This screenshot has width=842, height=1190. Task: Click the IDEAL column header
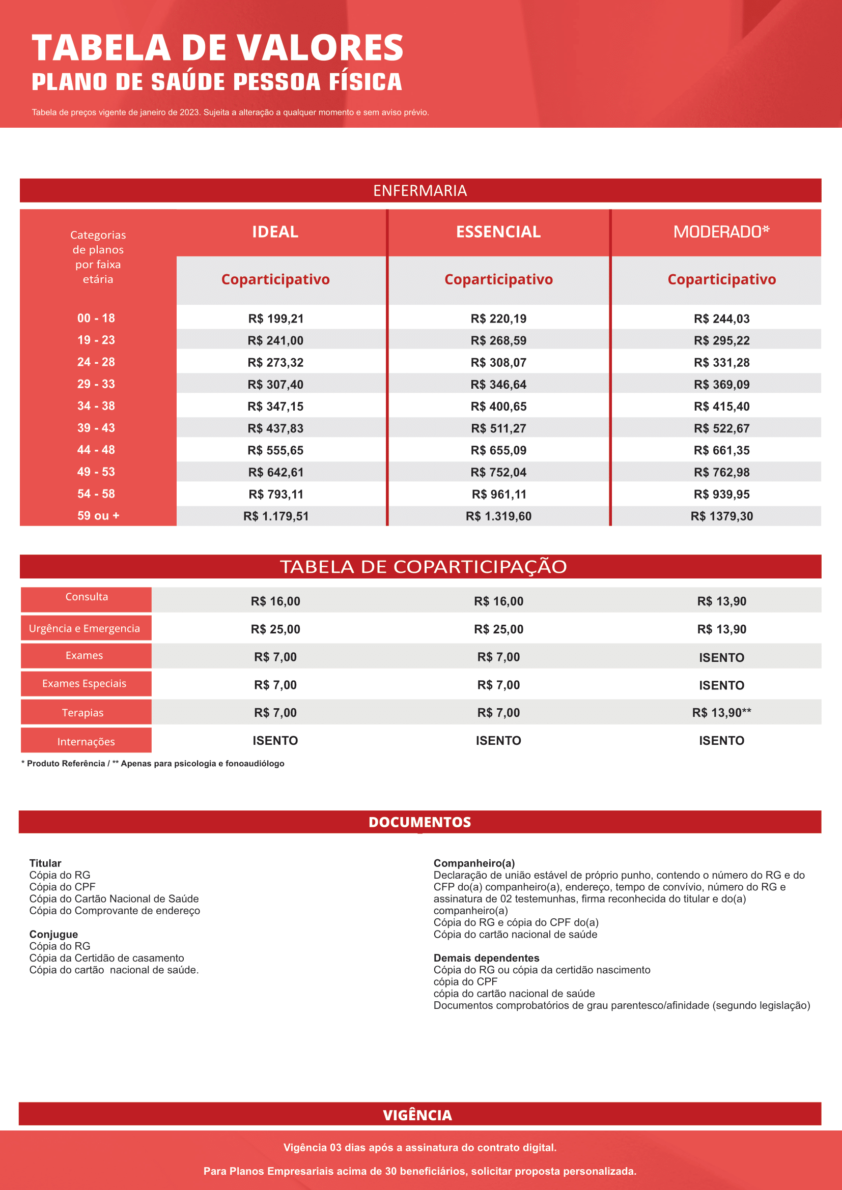tap(275, 231)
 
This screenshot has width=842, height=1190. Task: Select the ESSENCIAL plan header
tap(498, 231)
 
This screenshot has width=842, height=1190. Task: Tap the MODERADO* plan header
tap(721, 231)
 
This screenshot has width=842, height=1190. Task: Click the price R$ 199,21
tap(276, 319)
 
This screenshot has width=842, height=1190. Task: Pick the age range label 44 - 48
tap(96, 450)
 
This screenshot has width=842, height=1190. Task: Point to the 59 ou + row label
tap(98, 516)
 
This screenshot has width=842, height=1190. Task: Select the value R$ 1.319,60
tap(498, 516)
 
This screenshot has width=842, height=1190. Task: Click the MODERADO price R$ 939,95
tap(721, 495)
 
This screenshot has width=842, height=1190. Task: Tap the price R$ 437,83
tap(275, 428)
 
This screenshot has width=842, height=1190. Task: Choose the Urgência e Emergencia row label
tap(85, 628)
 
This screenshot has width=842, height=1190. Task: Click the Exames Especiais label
tap(84, 684)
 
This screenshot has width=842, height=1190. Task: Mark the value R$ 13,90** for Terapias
tap(721, 713)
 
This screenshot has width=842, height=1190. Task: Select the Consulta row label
tap(87, 597)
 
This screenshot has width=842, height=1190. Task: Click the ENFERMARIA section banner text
tap(420, 191)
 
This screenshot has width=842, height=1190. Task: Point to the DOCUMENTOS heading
tap(419, 822)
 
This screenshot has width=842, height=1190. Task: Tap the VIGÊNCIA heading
tap(417, 1115)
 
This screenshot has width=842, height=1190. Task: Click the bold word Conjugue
tap(53, 934)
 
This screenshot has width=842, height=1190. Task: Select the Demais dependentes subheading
tap(486, 958)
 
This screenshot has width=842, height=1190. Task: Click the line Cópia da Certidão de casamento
tap(106, 958)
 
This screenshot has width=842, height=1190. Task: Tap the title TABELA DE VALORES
tap(218, 48)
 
